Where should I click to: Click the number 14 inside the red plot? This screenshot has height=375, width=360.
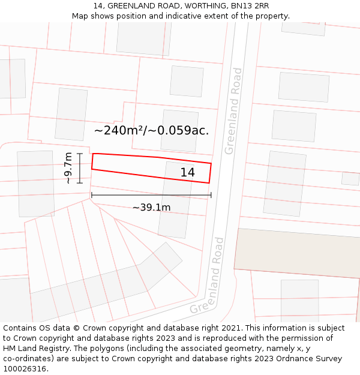[188, 173]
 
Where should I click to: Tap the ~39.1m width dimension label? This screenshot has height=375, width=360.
[151, 208]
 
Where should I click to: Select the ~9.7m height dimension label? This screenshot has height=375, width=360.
[68, 168]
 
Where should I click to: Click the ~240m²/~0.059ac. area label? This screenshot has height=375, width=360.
[151, 130]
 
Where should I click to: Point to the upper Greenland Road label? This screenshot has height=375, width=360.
[233, 111]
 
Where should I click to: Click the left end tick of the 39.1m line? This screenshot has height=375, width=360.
[91, 194]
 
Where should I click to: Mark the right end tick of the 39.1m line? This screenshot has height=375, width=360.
[211, 194]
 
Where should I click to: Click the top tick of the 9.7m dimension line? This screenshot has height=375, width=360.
[80, 154]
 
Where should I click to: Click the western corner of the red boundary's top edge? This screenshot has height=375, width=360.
[93, 154]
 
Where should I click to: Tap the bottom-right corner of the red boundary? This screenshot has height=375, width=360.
[209, 182]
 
